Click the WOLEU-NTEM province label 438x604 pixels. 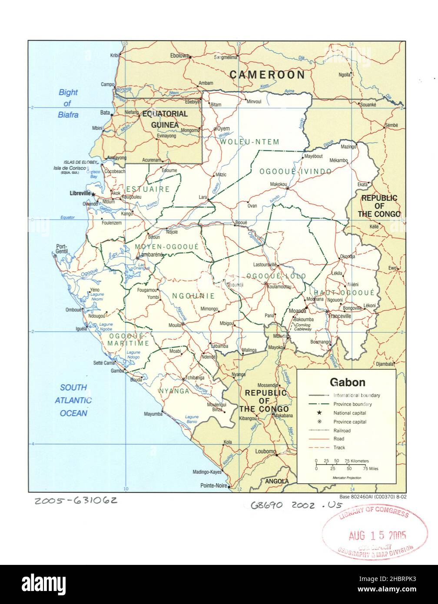249,142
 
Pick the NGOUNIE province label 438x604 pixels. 193,296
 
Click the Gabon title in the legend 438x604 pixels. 347,382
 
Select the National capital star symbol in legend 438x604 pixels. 319,413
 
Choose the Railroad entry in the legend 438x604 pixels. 342,430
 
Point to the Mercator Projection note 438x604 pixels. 347,478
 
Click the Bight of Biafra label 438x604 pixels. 68,103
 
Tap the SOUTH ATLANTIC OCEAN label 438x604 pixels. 73,400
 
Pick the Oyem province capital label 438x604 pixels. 223,129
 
